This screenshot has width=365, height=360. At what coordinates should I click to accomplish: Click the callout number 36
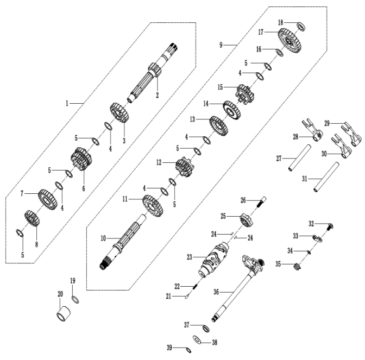click(x=216, y=292)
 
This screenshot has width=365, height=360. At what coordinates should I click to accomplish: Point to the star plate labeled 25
click(x=248, y=221)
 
